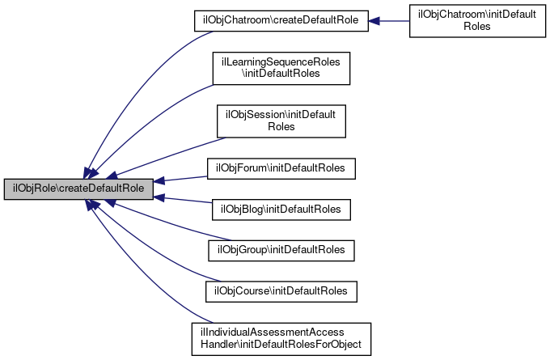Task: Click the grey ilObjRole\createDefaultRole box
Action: click(78, 189)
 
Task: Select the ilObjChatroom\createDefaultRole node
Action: click(281, 21)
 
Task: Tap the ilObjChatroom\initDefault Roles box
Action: click(477, 21)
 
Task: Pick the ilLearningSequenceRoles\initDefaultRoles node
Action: click(281, 69)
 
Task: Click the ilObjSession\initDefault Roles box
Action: click(281, 121)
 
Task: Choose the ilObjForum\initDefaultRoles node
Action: click(281, 168)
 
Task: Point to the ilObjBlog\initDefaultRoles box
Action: click(281, 210)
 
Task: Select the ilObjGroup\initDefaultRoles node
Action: click(281, 251)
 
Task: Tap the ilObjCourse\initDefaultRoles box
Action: click(281, 291)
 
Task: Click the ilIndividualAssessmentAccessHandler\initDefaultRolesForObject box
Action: click(281, 339)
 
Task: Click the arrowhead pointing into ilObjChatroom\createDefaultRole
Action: click(374, 21)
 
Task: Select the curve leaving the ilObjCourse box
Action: click(147, 249)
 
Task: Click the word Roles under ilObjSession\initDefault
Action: click(281, 127)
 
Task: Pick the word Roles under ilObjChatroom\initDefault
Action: click(477, 27)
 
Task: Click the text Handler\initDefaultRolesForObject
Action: click(281, 345)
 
